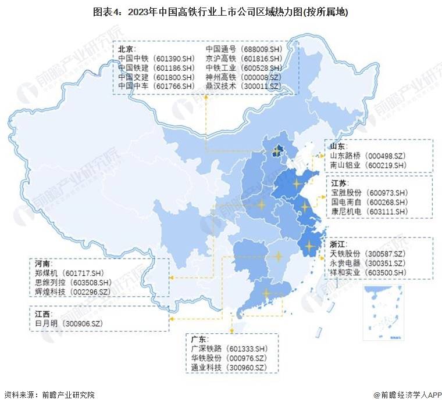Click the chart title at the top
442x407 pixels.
(x=220, y=11)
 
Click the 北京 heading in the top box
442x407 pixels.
(x=127, y=49)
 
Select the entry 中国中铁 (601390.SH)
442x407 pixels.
(x=156, y=59)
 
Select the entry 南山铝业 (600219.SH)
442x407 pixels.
(x=368, y=165)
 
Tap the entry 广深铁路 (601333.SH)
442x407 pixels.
(x=229, y=348)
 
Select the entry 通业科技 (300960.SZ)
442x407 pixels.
(x=229, y=368)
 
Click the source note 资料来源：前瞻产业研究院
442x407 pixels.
(x=49, y=395)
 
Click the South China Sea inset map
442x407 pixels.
(x=383, y=312)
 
